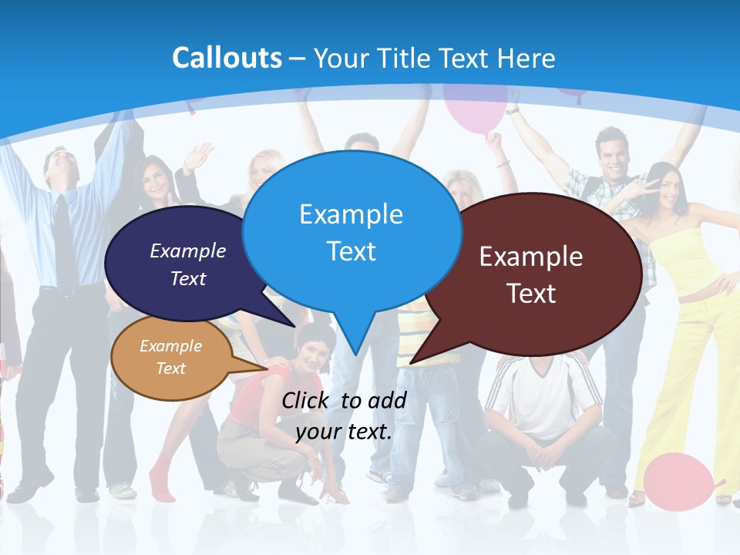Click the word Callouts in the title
(227, 58)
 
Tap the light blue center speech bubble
(351, 231)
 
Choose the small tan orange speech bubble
(171, 359)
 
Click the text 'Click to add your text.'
(344, 416)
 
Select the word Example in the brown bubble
(531, 257)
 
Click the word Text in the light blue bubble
(351, 251)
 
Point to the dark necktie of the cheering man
(64, 239)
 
